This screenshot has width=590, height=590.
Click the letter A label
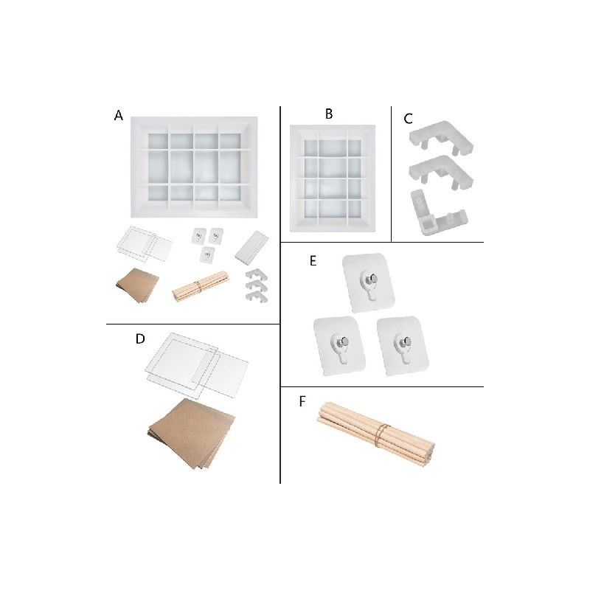point(119,115)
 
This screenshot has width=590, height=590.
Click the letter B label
point(329,114)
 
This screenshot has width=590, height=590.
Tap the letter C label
point(408,119)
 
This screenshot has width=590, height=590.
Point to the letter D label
point(140,339)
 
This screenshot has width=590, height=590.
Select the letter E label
point(313,261)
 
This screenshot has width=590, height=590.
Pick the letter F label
point(302,401)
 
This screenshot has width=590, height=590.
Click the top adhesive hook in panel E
point(369,282)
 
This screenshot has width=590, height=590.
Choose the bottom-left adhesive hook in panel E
point(339,345)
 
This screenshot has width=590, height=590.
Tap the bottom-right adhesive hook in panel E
point(403,345)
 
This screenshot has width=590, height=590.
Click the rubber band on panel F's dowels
point(383,433)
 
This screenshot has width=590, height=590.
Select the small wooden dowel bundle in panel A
point(201,285)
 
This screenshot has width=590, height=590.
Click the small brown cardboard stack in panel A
point(138,285)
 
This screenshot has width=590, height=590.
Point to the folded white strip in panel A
point(251,247)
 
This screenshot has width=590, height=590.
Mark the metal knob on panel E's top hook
point(373,279)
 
